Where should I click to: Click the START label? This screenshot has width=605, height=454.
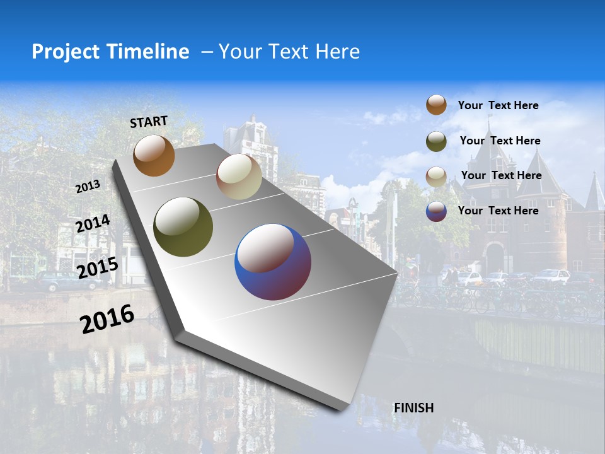(149, 121)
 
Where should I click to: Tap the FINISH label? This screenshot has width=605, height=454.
(413, 408)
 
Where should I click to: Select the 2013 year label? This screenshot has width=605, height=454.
(88, 186)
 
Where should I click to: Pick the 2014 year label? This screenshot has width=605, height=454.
(93, 224)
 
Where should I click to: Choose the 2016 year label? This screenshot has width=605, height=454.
(107, 318)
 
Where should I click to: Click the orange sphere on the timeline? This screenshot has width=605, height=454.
(154, 156)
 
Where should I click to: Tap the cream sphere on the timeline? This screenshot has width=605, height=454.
(239, 177)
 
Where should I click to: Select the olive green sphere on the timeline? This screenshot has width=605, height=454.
(183, 227)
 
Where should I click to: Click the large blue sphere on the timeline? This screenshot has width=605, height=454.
(273, 262)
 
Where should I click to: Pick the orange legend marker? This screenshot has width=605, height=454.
(436, 105)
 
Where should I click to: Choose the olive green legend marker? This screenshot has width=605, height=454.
(436, 141)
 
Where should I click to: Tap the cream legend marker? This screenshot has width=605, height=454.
(436, 176)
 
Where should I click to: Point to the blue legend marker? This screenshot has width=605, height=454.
(436, 211)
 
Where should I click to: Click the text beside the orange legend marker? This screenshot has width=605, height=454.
(498, 105)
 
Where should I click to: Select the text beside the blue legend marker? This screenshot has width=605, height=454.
(498, 211)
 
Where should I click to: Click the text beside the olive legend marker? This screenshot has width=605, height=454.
(500, 141)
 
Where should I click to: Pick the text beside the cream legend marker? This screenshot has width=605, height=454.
(501, 175)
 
